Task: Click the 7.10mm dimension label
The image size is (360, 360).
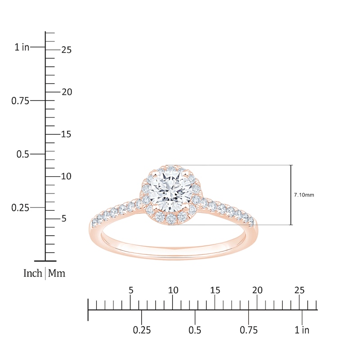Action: tap(304, 195)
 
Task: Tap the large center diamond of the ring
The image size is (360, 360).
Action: tap(170, 190)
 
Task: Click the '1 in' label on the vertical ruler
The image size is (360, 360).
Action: tap(22, 47)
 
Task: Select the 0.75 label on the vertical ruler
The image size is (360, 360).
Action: tap(20, 101)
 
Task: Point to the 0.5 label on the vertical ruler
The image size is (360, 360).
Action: tap(23, 154)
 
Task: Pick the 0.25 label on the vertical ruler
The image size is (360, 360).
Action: tap(20, 208)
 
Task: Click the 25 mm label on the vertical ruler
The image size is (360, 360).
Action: tap(67, 50)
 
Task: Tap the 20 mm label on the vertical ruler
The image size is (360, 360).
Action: tap(67, 92)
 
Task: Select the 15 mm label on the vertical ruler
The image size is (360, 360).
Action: tap(66, 134)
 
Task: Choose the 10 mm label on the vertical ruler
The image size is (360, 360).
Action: tap(66, 176)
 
